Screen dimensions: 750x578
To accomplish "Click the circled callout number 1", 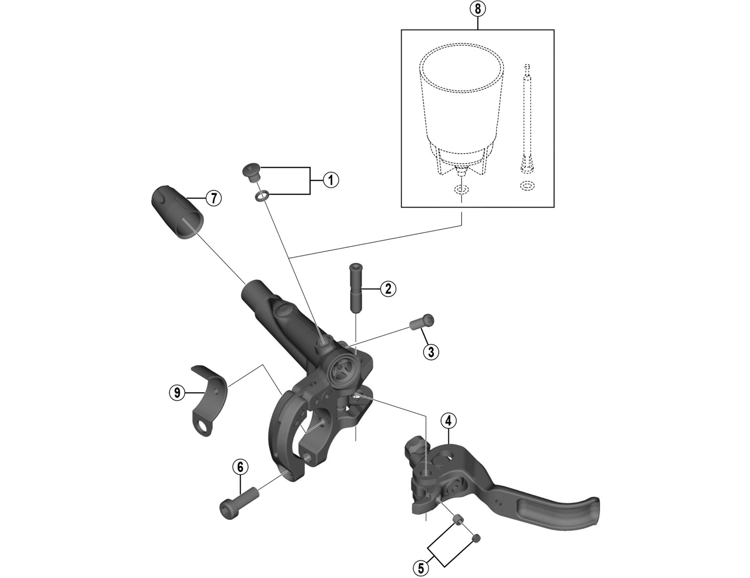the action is [331, 180].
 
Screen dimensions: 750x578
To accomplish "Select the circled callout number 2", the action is [388, 289].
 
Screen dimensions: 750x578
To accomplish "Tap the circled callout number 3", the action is [431, 352].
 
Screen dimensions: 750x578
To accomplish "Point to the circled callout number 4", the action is [448, 421].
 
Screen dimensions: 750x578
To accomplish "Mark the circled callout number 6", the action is [240, 467].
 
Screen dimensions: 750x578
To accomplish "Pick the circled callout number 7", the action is [214, 198].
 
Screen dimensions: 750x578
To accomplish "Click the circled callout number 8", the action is [478, 9].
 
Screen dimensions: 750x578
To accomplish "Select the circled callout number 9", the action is [177, 392].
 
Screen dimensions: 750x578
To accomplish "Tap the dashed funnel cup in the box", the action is [461, 113].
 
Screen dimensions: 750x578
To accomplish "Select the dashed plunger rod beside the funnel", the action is [527, 117].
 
